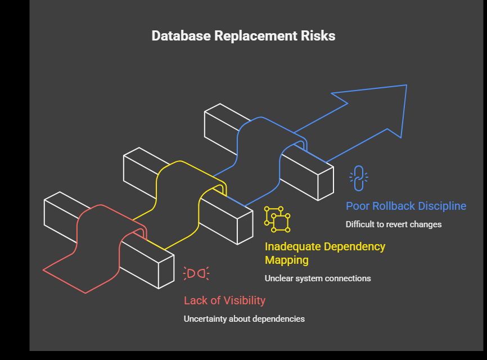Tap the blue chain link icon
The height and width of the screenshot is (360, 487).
(x=358, y=178)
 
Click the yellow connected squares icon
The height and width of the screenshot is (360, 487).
(x=277, y=219)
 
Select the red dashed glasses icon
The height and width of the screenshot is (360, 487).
(x=196, y=273)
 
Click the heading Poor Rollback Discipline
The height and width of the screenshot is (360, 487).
(x=405, y=206)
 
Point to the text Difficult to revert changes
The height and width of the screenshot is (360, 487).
(x=393, y=224)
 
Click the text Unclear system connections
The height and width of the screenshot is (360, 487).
(x=317, y=278)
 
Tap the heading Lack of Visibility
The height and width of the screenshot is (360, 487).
(x=224, y=300)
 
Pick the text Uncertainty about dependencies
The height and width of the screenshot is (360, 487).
(x=244, y=319)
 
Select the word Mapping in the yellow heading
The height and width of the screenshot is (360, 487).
(x=287, y=260)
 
